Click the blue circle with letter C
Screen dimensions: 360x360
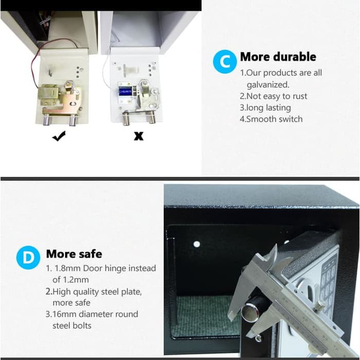225,62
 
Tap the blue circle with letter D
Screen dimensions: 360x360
28,257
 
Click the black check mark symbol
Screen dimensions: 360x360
59,136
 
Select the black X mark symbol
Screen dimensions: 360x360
138,136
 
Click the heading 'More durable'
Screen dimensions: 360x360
278,57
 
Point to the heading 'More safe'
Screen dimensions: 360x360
74,254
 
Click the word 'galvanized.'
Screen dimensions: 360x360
268,85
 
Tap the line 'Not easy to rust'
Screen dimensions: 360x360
276,96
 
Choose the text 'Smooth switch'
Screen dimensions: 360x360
274,119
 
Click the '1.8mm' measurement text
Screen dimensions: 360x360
67,268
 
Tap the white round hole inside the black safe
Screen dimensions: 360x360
197,244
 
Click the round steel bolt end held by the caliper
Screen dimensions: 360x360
249,312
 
